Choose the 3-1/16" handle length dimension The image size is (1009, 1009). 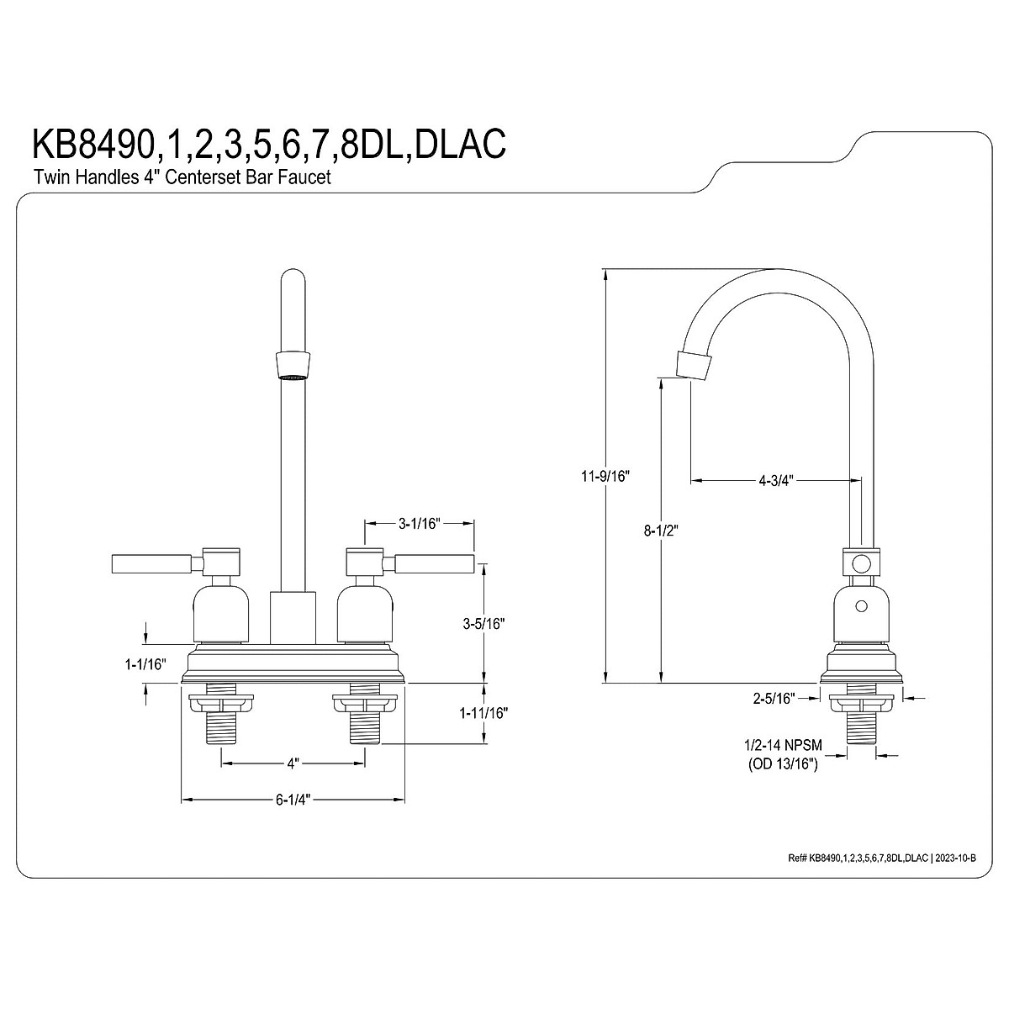click(419, 523)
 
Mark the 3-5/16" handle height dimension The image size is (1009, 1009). click(483, 623)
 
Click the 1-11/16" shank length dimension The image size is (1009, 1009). click(484, 713)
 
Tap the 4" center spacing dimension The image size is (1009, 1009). click(293, 764)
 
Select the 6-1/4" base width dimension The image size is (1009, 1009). click(293, 800)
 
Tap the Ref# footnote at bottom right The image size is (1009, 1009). click(891, 858)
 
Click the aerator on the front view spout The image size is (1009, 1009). click(292, 363)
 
